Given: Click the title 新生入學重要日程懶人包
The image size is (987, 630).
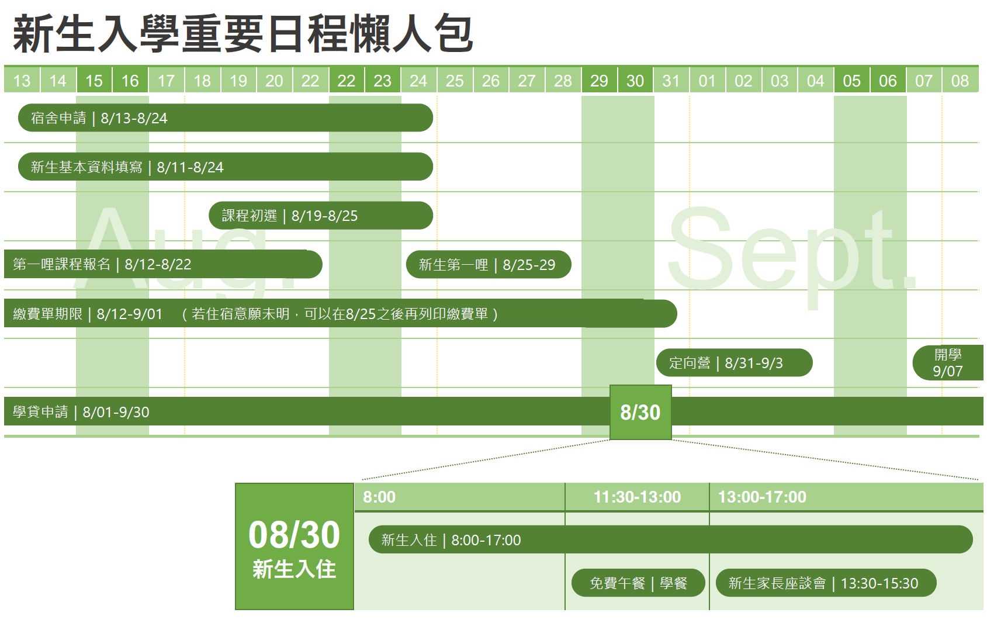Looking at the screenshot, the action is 243,34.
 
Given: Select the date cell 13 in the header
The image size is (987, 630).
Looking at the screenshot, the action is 22,80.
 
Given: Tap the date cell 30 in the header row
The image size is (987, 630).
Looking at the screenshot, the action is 635,80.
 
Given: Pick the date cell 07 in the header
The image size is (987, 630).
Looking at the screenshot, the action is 923,80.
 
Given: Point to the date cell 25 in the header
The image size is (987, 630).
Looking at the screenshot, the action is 455,80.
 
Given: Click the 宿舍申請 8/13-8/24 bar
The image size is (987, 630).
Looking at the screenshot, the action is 226,117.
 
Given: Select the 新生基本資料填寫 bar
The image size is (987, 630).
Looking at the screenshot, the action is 226,167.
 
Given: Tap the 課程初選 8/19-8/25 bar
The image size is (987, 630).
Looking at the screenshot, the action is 321,216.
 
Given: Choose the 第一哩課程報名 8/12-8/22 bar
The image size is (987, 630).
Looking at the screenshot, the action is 163,264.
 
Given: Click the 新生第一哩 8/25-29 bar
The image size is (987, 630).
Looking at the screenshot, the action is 489,264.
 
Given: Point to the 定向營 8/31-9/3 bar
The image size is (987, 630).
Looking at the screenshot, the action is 734,362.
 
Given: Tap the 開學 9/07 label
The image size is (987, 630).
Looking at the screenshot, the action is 948,362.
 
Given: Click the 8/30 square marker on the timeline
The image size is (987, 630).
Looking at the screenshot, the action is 640,413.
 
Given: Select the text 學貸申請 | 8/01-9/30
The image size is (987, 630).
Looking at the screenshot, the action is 81,412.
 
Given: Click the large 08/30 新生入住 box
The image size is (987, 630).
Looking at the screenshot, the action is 295,546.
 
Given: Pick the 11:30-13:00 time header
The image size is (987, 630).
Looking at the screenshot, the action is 637,497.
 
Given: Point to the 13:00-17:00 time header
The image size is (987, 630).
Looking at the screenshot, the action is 762,497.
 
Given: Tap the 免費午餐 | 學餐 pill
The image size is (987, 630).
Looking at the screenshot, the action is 639,583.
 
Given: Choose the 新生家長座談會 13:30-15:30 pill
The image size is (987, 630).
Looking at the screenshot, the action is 826,583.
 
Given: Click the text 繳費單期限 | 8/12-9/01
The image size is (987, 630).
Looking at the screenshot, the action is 88,314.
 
